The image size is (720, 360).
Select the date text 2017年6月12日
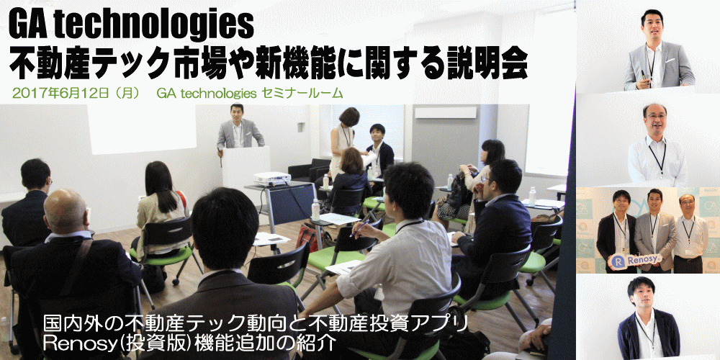pyautogui.click(x=60, y=94)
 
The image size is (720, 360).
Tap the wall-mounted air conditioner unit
pyautogui.click(x=446, y=112)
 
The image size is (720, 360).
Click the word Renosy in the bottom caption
pyautogui.click(x=76, y=343)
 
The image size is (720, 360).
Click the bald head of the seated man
pyautogui.click(x=65, y=210)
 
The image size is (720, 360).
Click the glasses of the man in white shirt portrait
pyautogui.click(x=655, y=117)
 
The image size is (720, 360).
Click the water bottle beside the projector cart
pyautogui.click(x=315, y=210)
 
